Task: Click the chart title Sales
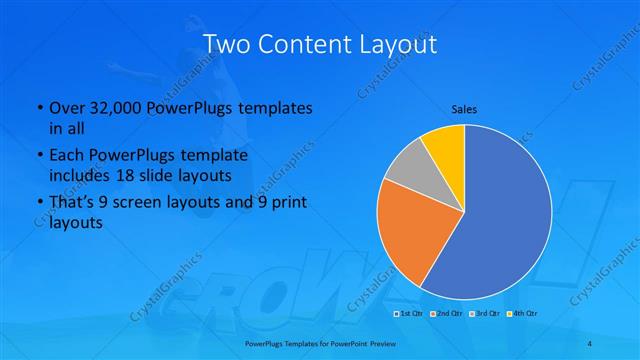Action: (463, 108)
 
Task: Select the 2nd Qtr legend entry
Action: (447, 315)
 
